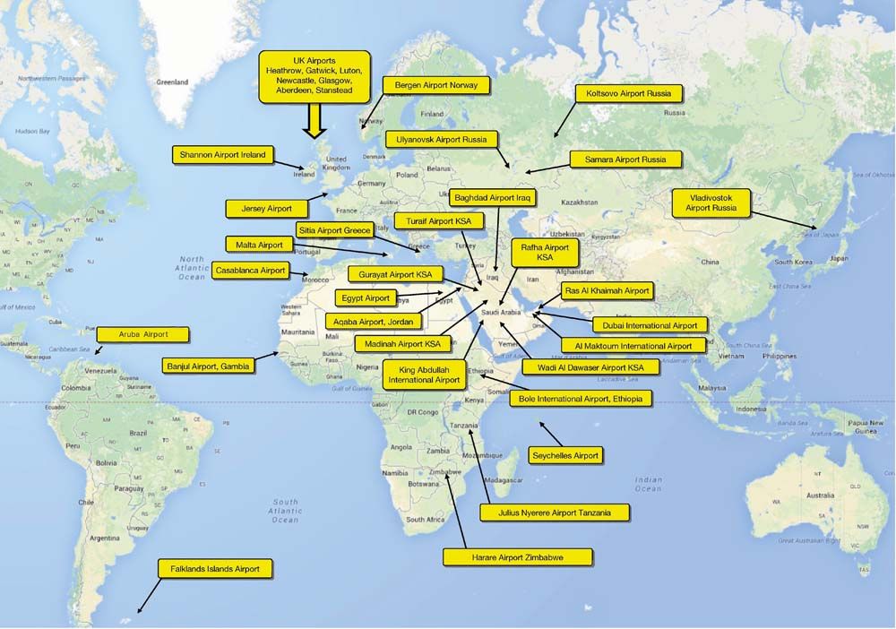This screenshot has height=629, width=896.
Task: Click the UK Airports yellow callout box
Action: (x=314, y=74)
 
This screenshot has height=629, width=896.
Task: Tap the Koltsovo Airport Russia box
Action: (x=629, y=92)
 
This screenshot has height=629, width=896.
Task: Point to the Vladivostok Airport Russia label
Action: (x=711, y=202)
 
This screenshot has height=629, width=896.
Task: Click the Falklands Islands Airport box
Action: (x=214, y=568)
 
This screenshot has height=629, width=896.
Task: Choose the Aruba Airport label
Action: (x=143, y=334)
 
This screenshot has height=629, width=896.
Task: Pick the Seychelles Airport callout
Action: (x=565, y=456)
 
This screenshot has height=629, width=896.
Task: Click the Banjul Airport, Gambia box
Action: (x=209, y=366)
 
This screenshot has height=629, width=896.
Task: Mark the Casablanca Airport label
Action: (x=251, y=270)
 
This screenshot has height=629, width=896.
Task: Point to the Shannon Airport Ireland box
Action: (x=223, y=155)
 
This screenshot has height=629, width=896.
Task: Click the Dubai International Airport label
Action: (x=650, y=325)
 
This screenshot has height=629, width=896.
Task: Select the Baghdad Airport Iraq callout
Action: (x=493, y=198)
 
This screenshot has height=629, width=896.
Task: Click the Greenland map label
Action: (x=172, y=82)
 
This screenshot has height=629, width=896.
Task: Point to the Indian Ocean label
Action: (x=648, y=484)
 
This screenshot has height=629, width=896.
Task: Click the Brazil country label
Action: (x=138, y=433)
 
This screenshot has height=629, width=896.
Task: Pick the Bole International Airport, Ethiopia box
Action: (x=580, y=399)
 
